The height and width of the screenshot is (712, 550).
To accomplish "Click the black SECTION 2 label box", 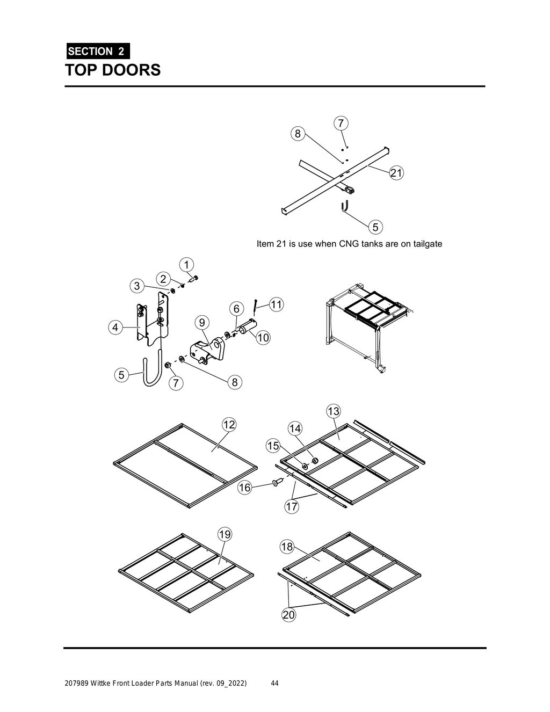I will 97,52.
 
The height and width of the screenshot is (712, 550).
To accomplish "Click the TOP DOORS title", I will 113,70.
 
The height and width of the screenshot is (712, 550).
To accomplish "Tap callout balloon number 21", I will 396,173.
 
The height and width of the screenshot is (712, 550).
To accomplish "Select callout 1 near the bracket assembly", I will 186,265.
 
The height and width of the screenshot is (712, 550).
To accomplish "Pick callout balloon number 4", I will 114,326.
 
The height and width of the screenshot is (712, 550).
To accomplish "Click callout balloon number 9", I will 201,322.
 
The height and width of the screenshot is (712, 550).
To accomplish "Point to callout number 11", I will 276,304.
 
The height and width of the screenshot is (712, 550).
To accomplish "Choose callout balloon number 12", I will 229,424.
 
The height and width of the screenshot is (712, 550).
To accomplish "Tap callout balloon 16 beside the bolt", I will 245,488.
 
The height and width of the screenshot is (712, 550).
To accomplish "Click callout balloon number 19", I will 225,534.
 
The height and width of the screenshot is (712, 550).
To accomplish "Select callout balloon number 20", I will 289,615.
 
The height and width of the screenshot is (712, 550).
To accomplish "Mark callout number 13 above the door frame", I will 334,411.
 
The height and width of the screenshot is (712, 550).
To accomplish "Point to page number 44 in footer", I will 274,684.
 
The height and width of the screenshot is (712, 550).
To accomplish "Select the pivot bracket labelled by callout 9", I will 207,352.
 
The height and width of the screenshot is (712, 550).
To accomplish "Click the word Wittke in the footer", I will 102,684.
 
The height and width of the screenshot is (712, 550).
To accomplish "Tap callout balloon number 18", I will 287,547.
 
